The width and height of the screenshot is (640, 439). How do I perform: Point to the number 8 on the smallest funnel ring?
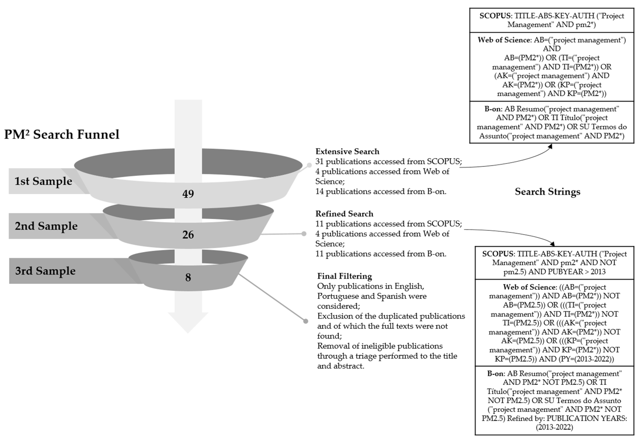188,278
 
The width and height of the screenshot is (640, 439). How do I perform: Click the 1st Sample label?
43,181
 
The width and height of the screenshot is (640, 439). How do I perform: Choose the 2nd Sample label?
46,226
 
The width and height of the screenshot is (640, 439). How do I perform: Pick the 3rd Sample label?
45,271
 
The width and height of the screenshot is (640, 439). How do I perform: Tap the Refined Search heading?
344,214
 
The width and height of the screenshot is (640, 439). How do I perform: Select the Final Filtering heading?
345,276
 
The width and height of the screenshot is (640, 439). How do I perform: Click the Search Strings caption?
548,192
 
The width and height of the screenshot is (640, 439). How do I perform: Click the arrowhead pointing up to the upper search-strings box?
550,146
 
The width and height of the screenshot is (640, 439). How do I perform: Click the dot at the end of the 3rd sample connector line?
305,321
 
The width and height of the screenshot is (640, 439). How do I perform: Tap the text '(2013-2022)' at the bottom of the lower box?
554,427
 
